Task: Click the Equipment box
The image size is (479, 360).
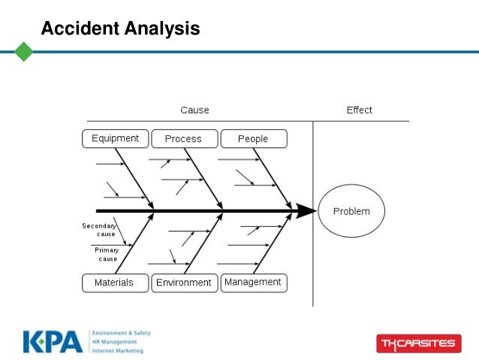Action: tap(115, 138)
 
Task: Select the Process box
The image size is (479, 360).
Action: tap(183, 139)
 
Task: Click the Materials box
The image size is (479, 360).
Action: tap(113, 283)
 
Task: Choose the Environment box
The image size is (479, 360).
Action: tap(183, 283)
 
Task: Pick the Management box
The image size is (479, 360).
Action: tap(252, 283)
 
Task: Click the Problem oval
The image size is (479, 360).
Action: tap(351, 211)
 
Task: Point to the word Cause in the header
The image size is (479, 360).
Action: tap(194, 110)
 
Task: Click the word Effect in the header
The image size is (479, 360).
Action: tap(359, 110)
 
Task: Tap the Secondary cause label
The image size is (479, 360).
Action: tap(99, 229)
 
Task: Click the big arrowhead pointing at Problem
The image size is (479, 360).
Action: tap(305, 211)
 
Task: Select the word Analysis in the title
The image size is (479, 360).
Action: tap(161, 29)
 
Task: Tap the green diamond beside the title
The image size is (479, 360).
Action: tap(24, 52)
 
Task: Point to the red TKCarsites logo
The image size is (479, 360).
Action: tap(417, 343)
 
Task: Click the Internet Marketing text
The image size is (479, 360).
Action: tap(118, 350)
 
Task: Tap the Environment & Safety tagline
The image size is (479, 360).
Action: tap(119, 332)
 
